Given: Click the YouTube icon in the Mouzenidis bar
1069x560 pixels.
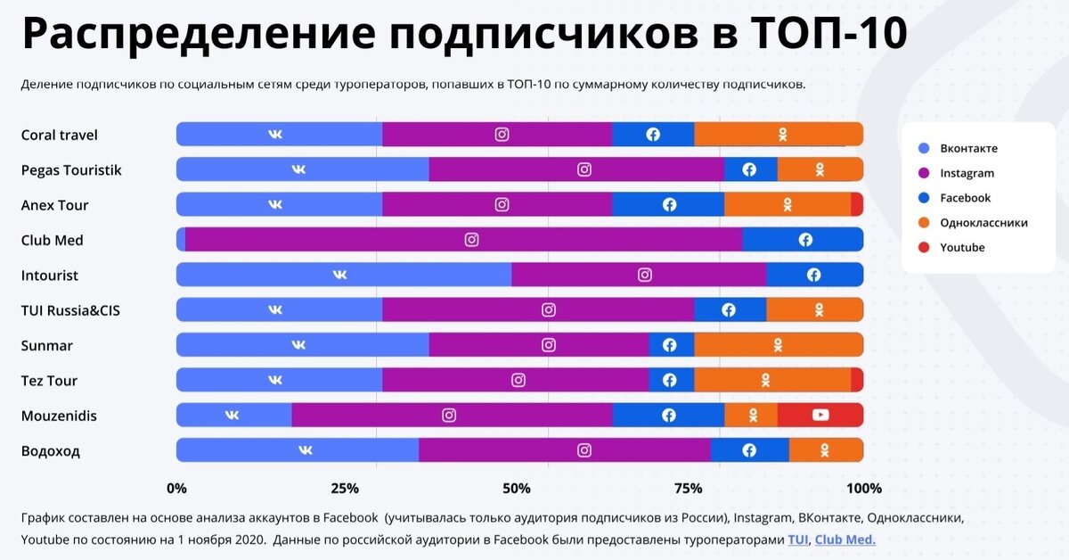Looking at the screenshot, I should [x=820, y=415].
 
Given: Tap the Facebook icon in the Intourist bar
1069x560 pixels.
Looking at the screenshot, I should [x=813, y=275].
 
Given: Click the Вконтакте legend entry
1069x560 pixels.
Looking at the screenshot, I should [x=967, y=148].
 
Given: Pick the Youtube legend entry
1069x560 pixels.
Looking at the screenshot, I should [x=961, y=247].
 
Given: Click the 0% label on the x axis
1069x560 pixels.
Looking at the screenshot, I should [x=176, y=488].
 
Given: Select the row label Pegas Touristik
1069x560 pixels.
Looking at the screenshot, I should [x=71, y=169].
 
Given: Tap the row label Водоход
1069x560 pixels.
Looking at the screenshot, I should [x=50, y=450].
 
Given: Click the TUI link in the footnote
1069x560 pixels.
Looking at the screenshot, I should [x=797, y=539].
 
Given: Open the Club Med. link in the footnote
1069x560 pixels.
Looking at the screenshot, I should [x=845, y=539].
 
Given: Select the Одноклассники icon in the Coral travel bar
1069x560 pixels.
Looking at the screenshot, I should [x=782, y=135].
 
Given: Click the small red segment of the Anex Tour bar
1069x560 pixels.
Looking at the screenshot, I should [x=856, y=204].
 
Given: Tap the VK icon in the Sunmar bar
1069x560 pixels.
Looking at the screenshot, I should [x=298, y=345].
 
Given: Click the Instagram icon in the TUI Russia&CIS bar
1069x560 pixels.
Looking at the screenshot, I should [x=549, y=310].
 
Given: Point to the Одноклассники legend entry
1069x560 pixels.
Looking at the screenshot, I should [x=983, y=223].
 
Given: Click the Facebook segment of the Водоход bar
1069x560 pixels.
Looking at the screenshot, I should [x=749, y=450].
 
